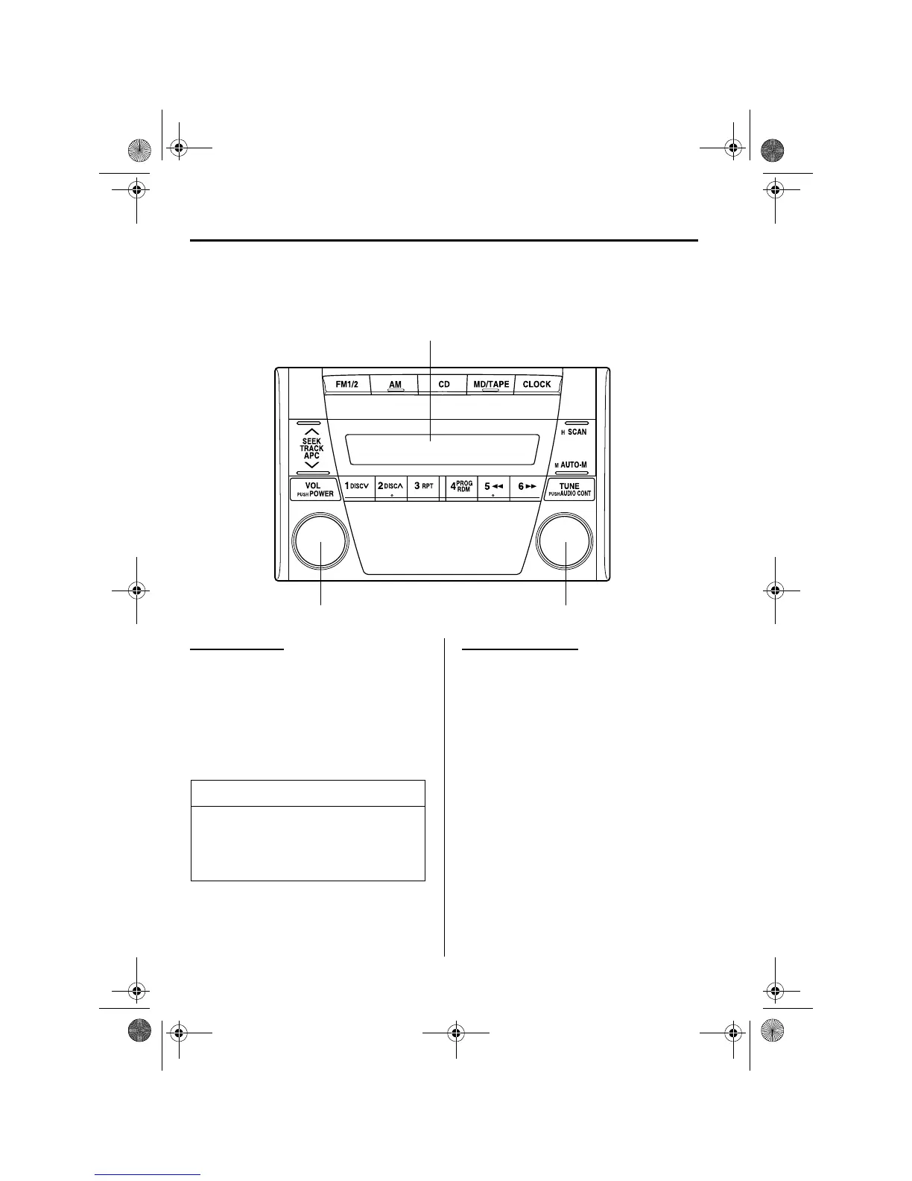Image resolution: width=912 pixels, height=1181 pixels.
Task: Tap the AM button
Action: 395,385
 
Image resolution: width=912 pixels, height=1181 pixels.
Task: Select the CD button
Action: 444,385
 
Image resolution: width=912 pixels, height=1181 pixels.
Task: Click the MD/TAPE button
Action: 491,385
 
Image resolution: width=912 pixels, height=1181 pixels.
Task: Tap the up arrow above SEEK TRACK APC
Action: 311,432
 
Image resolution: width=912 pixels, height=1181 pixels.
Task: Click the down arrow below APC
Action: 311,464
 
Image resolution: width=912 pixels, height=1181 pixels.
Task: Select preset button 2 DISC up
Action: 390,486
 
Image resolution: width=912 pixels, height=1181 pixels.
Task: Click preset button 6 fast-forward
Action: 527,486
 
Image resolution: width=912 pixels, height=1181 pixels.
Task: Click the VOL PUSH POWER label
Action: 314,490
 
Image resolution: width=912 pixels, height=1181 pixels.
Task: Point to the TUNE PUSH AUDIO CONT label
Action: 569,490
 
